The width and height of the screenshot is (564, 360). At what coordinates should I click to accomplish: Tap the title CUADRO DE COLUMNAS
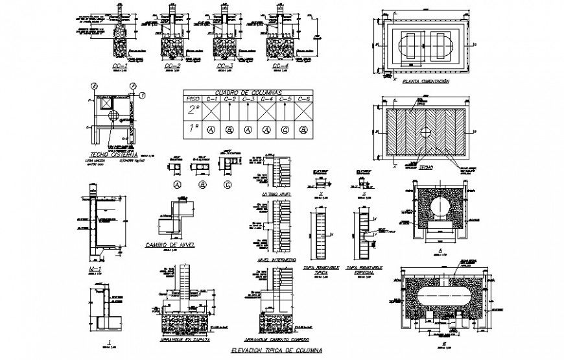click(247, 92)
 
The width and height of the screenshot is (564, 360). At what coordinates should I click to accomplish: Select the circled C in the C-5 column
click(285, 130)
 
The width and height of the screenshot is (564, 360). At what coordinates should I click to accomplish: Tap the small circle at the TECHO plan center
click(425, 132)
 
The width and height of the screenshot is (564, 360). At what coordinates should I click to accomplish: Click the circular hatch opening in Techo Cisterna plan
click(115, 117)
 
